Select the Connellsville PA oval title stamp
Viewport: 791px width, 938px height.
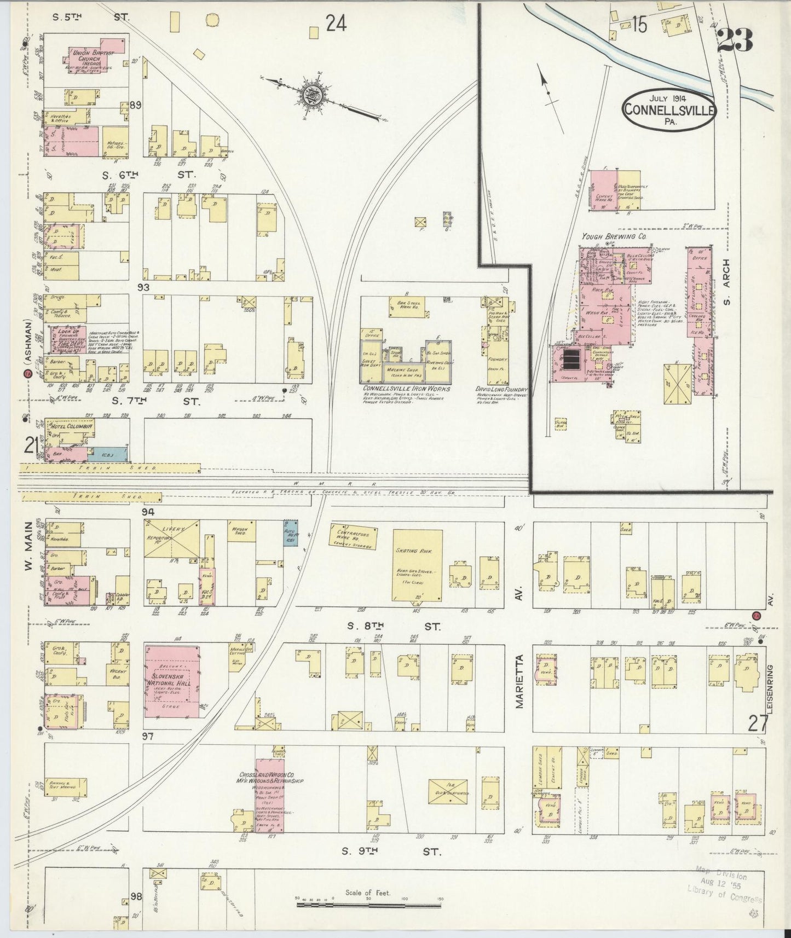[x=668, y=111]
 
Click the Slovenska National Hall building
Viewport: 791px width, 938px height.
[x=171, y=681]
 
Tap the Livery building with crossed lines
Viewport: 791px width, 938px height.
[x=171, y=539]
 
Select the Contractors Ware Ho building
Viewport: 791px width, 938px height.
[x=354, y=537]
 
